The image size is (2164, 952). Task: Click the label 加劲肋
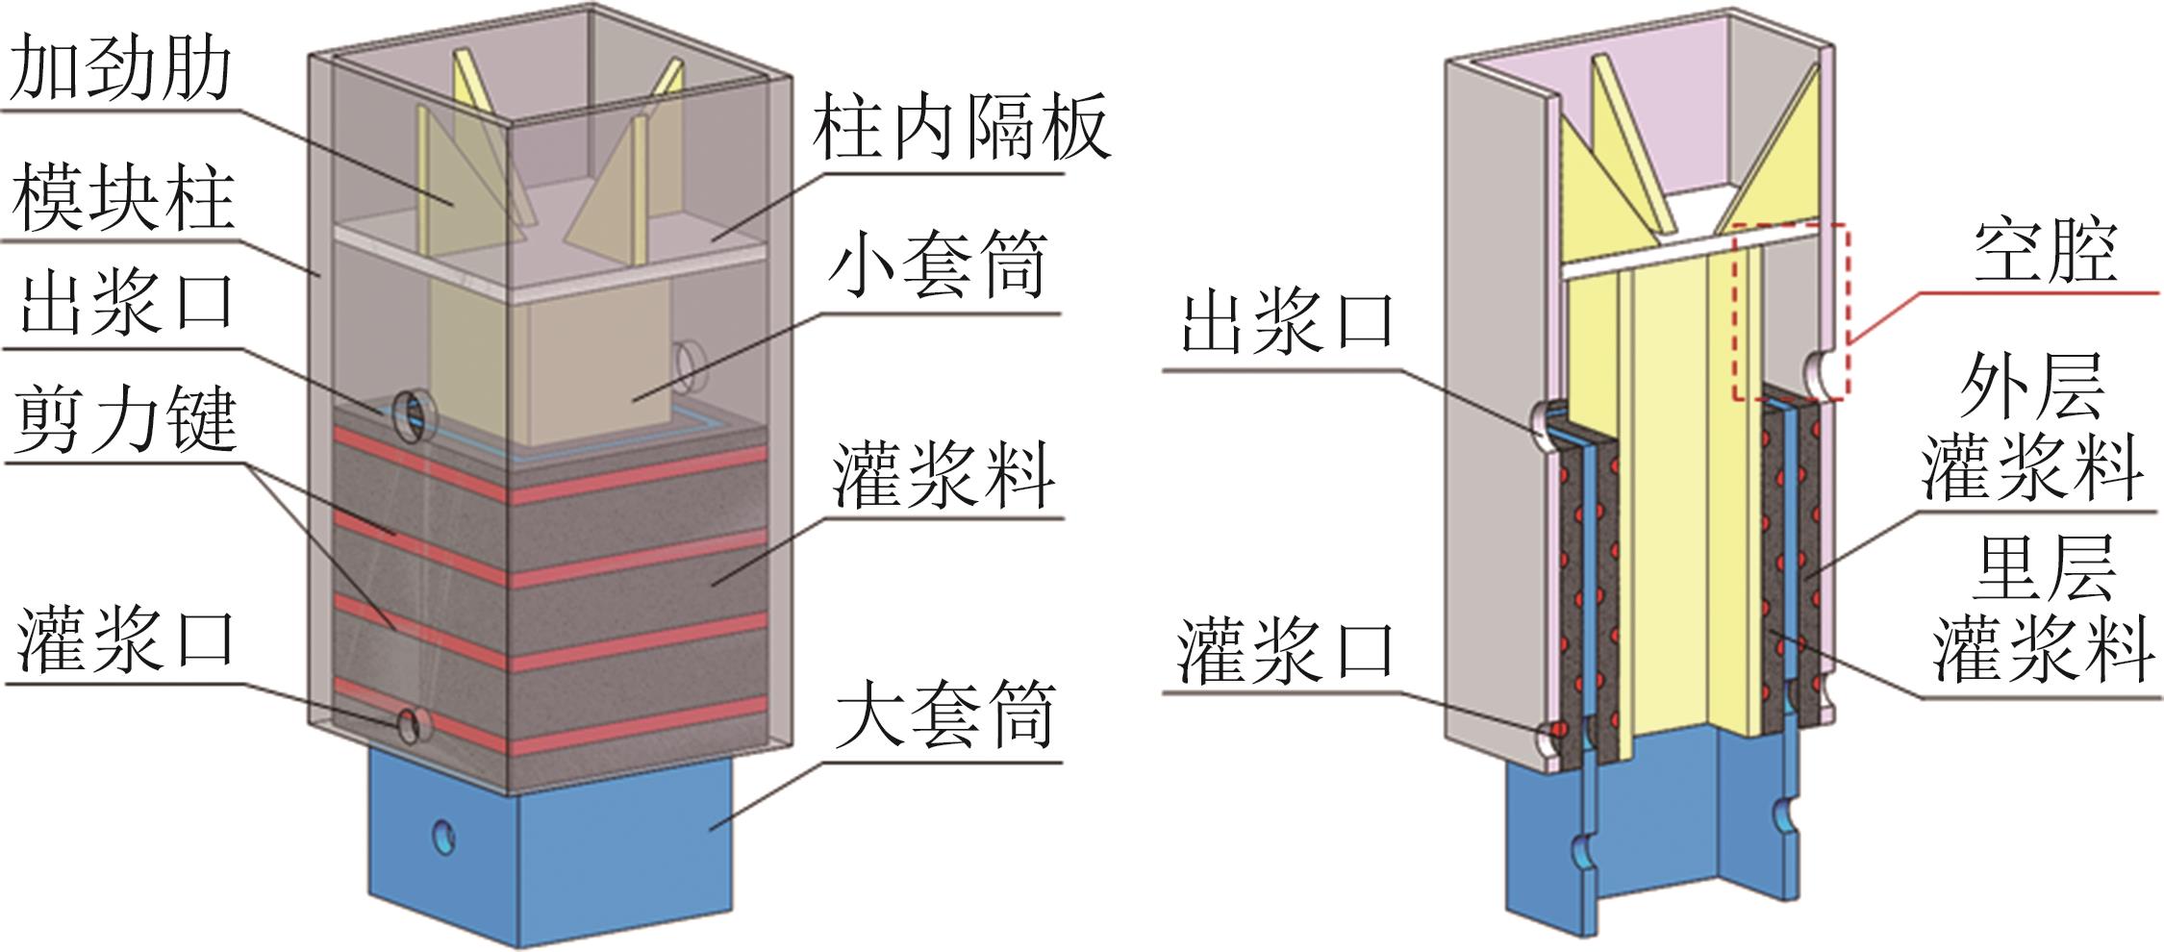tap(120, 69)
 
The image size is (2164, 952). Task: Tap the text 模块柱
tap(122, 199)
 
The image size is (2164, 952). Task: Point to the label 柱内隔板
tap(960, 127)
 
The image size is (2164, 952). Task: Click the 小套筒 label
tap(937, 266)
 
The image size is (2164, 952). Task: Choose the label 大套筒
tap(944, 716)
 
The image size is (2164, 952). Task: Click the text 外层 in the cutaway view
tap(2031, 386)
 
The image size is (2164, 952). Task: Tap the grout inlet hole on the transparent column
tap(410, 722)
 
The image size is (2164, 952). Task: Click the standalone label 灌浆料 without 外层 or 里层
tap(943, 476)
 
